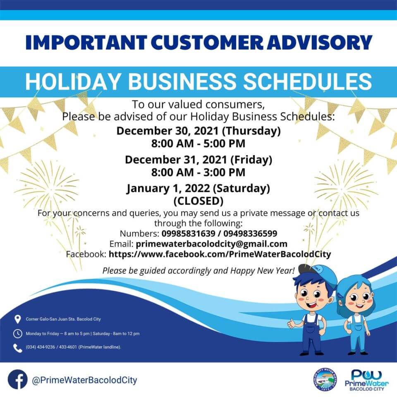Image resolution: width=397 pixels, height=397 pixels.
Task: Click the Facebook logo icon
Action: (x=17, y=380)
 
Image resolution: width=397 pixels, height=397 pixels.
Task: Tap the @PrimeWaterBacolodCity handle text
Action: (x=84, y=380)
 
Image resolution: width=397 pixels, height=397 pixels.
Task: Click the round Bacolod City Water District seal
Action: (x=325, y=380)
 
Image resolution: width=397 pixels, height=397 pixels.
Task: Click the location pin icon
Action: (x=17, y=319)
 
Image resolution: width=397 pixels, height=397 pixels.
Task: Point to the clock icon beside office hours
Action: (x=17, y=334)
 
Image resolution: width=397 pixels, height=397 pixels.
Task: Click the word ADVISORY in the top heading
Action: (x=320, y=42)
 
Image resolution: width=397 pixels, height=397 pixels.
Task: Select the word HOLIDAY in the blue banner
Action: (x=72, y=81)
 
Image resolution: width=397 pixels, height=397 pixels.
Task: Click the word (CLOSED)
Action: (x=198, y=201)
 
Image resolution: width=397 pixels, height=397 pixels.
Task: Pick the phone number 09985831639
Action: (x=189, y=233)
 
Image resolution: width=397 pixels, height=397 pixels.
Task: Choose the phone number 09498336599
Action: (x=250, y=233)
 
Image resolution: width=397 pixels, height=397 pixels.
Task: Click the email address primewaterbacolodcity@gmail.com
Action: (x=211, y=244)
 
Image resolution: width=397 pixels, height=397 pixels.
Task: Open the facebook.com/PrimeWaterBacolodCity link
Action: (x=220, y=254)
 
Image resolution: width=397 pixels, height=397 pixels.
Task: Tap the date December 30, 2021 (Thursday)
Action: (x=198, y=131)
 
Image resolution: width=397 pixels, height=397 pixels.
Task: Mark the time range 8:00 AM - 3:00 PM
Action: (x=198, y=172)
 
